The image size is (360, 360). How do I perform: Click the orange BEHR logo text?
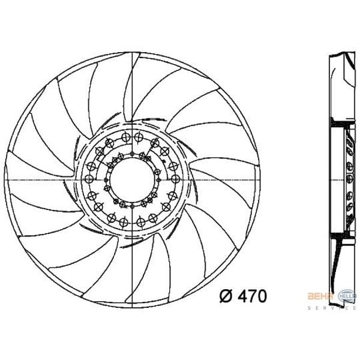pyautogui.click(x=316, y=296)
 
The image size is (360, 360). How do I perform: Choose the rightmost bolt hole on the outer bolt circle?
pyautogui.click(x=179, y=179)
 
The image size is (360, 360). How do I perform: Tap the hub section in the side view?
pyautogui.click(x=347, y=179)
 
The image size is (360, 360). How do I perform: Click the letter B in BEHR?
pyautogui.click(x=310, y=296)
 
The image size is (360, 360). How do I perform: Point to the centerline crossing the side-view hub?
pyautogui.click(x=342, y=179)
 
